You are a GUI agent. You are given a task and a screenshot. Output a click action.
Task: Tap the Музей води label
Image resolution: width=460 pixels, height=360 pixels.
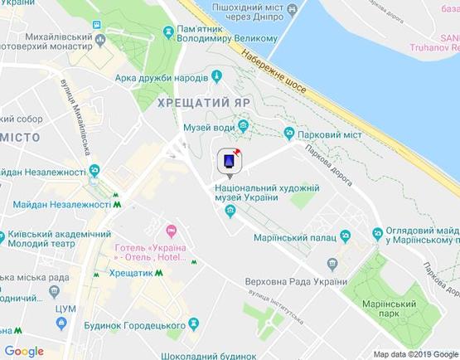tap(206, 125)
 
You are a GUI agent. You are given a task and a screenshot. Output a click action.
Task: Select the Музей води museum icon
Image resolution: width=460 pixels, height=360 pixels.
tap(244, 126)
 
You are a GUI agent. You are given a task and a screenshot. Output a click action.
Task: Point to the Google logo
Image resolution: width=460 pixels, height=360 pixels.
tap(25, 351)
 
